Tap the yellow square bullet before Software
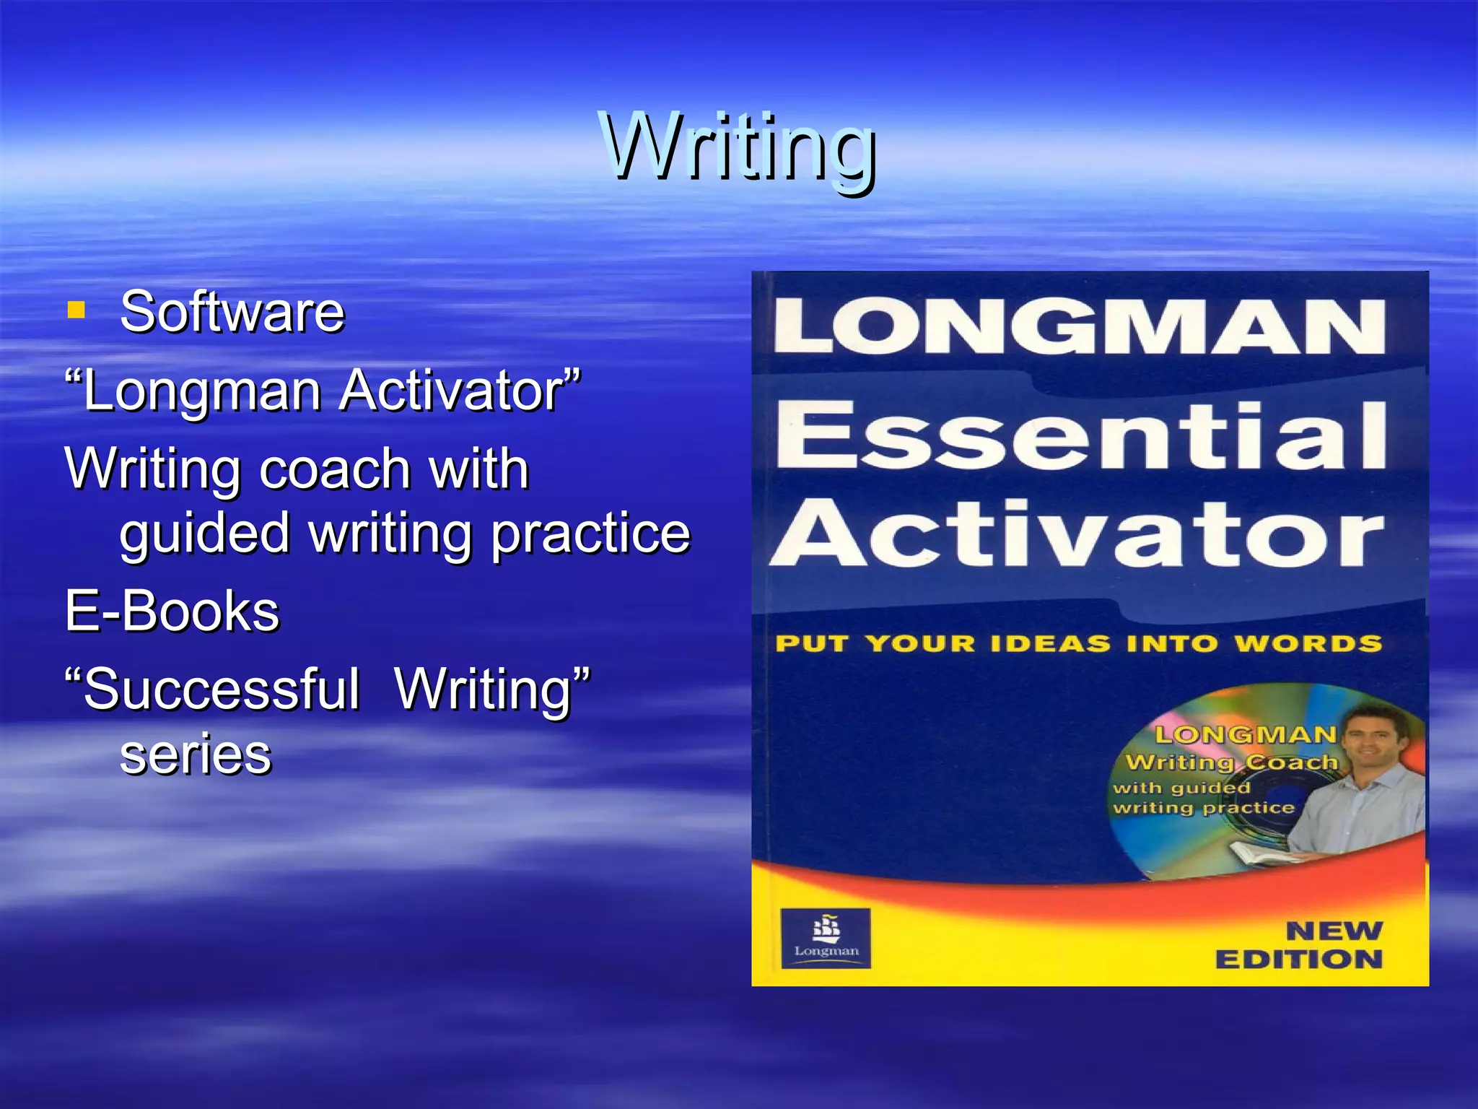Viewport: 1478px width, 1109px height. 76,310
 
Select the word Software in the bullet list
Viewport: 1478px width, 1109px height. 232,312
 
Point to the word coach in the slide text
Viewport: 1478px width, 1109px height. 334,469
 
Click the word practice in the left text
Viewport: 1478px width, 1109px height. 590,534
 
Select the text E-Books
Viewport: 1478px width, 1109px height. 172,611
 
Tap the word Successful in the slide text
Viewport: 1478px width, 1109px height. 221,689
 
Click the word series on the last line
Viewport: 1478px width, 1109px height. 196,754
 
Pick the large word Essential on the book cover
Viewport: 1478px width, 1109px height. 1081,435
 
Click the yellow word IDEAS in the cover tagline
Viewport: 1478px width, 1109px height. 1050,643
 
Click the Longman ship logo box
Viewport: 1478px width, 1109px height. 826,937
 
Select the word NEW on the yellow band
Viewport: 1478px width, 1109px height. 1334,931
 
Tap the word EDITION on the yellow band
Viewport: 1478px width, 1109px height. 1299,960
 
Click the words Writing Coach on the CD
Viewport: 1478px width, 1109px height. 1231,762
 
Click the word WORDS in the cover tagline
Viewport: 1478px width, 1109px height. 1308,643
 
